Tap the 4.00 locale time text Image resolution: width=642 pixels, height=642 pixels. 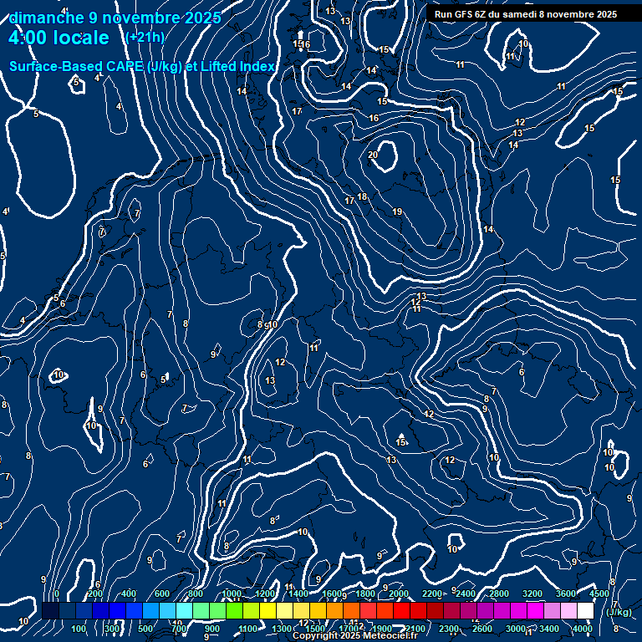tap(59, 38)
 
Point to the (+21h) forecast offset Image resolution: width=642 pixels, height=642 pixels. tap(145, 37)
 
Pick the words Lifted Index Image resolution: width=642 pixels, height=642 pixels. tap(236, 66)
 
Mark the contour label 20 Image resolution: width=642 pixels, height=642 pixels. tap(373, 155)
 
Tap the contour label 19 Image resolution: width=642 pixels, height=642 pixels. tap(397, 211)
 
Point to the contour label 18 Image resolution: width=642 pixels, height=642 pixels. tap(362, 196)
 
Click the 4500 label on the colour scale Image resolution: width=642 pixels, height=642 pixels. tap(599, 594)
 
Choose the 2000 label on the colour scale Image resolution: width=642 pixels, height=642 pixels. tap(399, 594)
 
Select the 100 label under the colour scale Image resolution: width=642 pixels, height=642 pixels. tap(79, 629)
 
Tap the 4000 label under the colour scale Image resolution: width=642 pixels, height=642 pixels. tap(583, 629)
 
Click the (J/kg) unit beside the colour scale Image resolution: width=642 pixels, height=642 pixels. tap(618, 613)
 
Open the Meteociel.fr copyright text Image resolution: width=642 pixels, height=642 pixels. tap(354, 636)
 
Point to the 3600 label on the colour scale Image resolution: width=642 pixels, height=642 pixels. tap(566, 594)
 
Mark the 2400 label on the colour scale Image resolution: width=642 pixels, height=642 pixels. tap(466, 594)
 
